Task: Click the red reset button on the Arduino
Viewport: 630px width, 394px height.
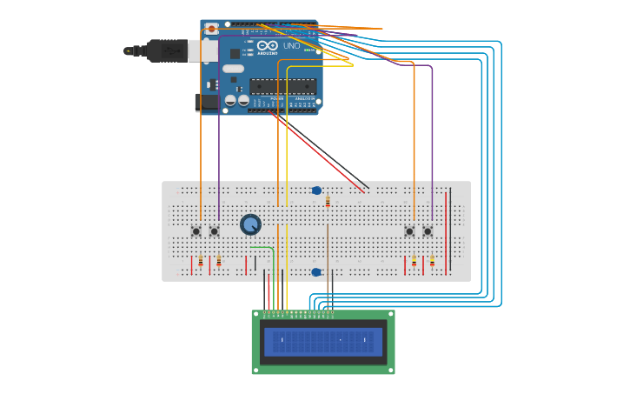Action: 211,29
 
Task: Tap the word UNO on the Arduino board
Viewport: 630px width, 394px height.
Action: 291,45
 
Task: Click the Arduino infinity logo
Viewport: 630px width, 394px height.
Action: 267,44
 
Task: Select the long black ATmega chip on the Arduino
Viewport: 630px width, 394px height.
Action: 282,86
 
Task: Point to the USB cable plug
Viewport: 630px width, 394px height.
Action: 169,50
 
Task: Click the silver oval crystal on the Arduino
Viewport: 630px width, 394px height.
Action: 233,68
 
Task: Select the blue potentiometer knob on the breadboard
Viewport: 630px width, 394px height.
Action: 250,224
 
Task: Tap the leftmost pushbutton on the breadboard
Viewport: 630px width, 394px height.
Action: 196,231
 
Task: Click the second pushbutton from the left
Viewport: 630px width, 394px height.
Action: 214,231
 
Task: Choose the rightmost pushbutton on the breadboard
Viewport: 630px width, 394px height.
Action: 428,231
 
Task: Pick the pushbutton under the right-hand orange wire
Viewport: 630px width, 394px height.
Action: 409,231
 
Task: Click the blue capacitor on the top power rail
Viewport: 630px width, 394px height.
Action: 316,190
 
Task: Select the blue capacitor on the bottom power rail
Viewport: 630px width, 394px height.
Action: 316,272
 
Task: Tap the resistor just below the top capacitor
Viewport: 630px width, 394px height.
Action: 328,202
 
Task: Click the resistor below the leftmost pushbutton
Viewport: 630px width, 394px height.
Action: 201,261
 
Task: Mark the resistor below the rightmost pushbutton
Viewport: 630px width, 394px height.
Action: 432,261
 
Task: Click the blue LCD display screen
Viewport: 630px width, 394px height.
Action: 322,341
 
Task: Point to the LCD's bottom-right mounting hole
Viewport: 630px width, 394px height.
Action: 390,369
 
